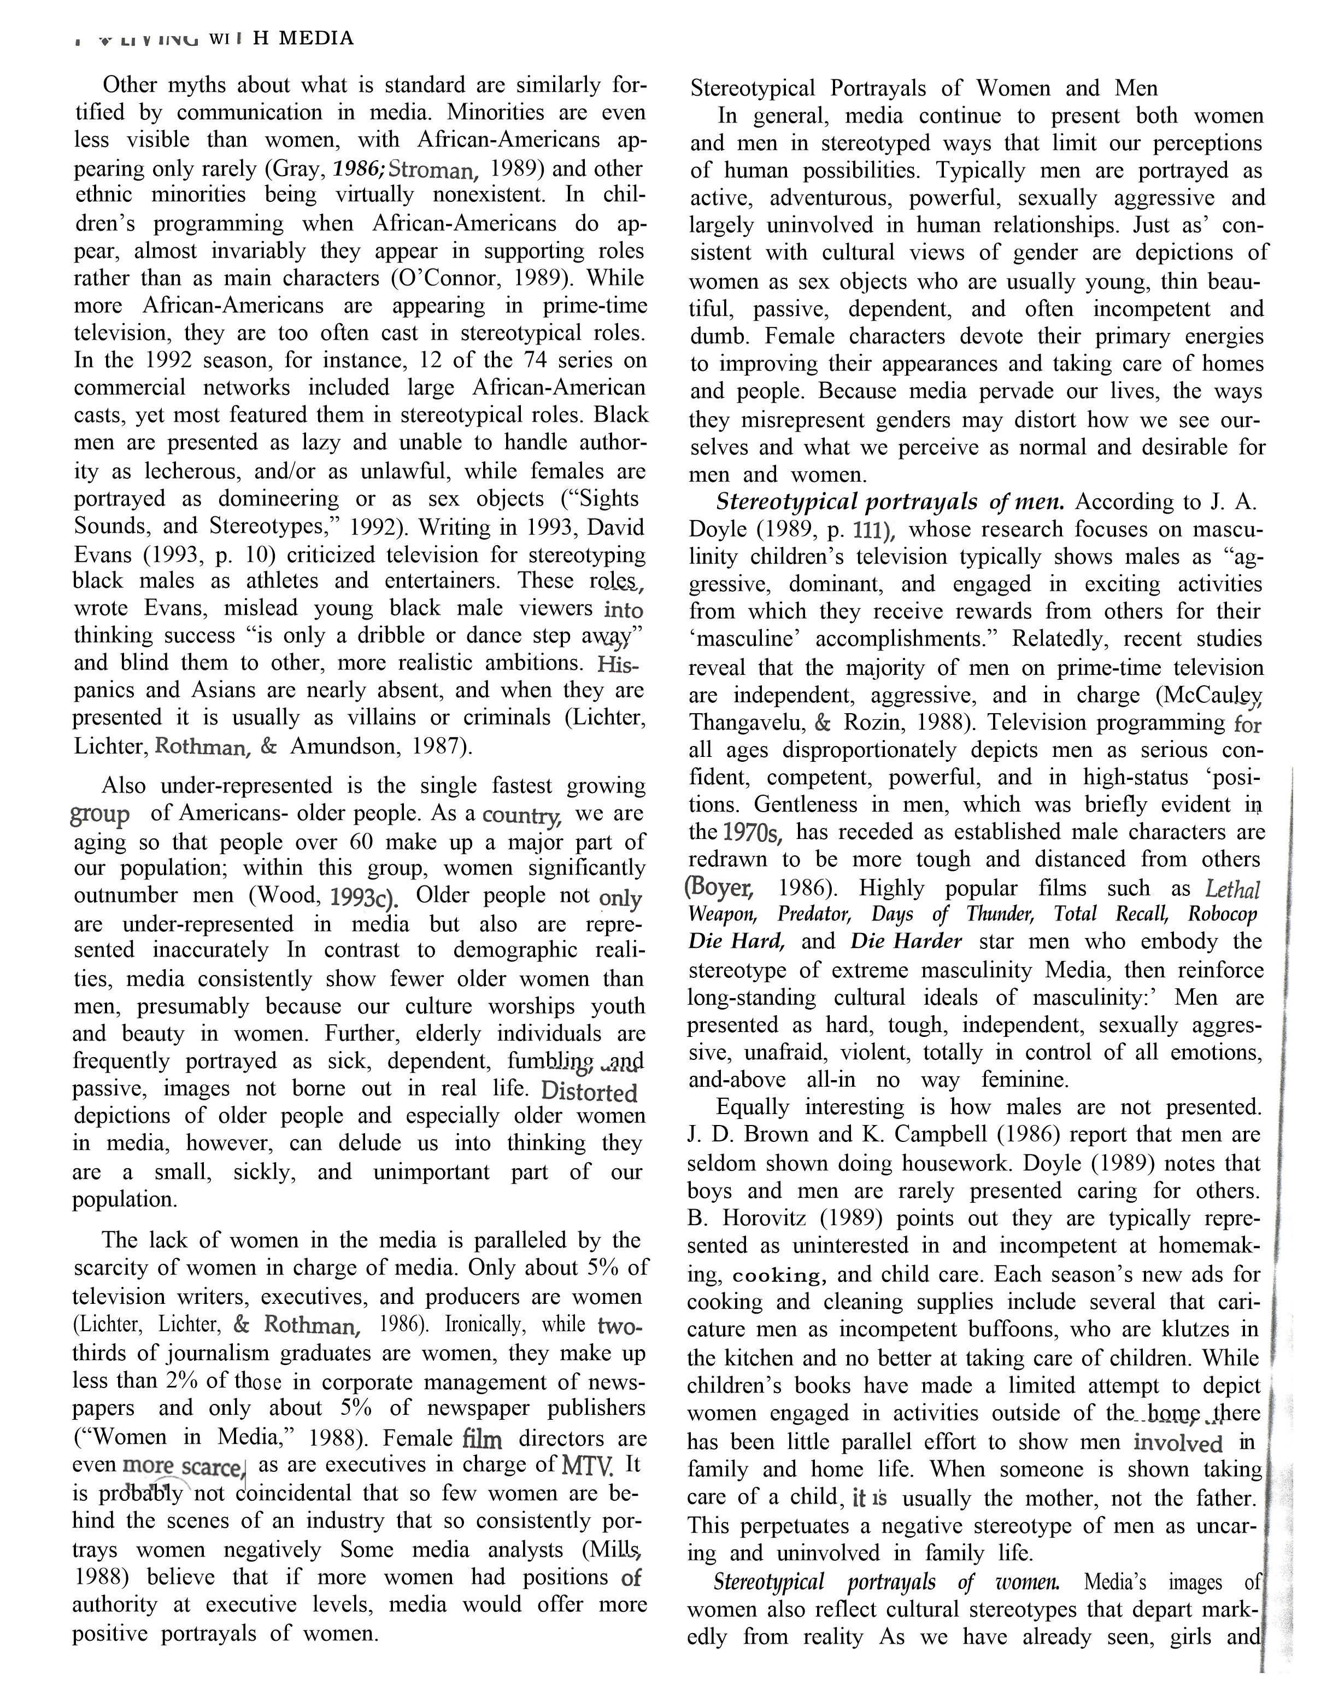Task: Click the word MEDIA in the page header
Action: click(315, 38)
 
